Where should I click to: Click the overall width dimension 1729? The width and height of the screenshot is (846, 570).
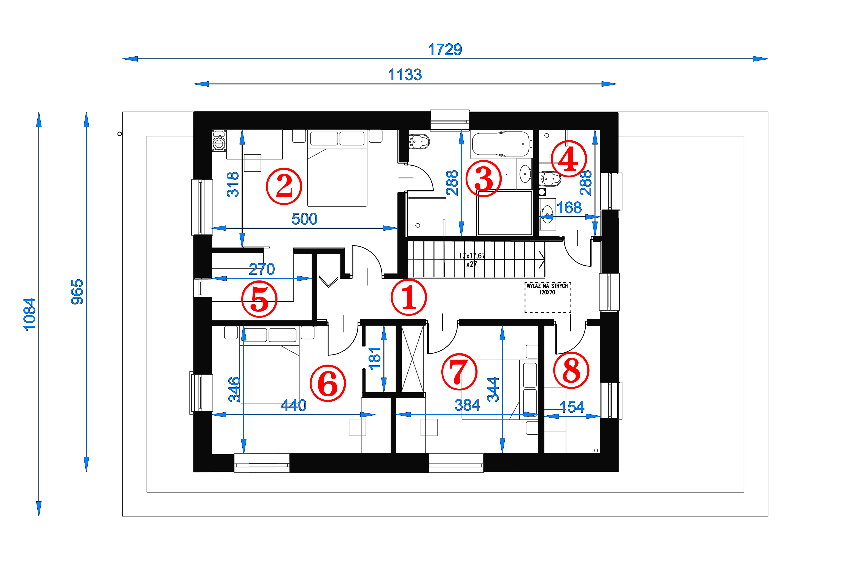445,49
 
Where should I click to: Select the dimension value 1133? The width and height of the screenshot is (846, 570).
405,75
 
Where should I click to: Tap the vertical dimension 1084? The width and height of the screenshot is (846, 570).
29,314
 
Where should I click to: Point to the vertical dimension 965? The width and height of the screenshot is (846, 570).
77,292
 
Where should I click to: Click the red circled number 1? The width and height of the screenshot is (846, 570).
409,297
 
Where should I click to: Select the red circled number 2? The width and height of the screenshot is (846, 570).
284,186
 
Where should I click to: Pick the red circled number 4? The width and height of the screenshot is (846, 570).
569,159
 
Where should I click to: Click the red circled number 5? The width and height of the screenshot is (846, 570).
259,299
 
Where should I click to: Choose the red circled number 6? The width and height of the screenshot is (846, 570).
328,383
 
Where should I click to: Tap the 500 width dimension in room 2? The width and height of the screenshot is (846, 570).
304,219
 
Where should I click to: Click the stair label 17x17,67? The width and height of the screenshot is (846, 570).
472,256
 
